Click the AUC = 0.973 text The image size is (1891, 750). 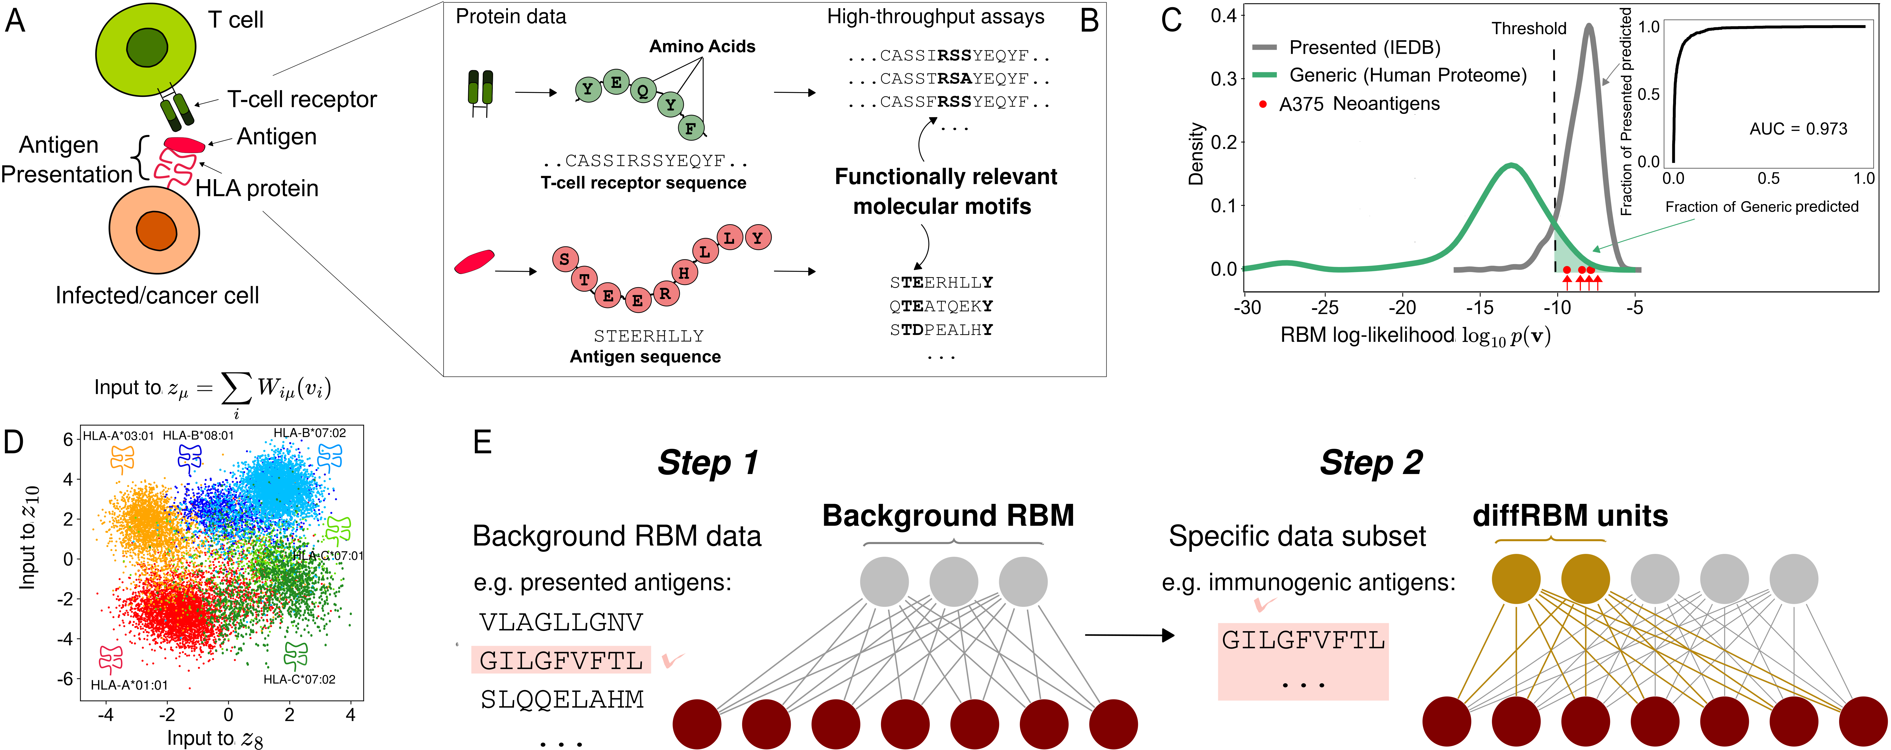click(1798, 129)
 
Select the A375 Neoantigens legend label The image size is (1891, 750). click(1359, 104)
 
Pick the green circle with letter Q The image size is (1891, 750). click(643, 92)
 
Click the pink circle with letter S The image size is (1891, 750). click(565, 259)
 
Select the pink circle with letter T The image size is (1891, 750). click(584, 280)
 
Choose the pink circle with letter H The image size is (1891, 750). click(683, 273)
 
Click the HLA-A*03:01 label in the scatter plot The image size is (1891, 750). click(118, 436)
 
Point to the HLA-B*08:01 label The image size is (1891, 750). click(198, 435)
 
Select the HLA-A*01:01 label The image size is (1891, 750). click(129, 685)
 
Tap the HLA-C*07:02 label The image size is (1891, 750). click(299, 680)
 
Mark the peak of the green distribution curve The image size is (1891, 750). click(1511, 166)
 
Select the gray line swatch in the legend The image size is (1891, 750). click(1264, 47)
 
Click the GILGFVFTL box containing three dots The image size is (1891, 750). click(1303, 661)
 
